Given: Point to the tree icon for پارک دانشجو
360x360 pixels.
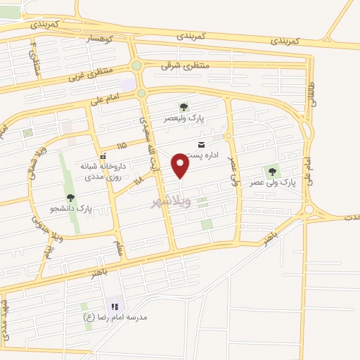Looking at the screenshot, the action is click(x=70, y=198).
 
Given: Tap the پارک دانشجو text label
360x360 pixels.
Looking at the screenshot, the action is click(x=75, y=208).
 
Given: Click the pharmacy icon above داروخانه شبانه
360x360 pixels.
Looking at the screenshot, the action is click(x=103, y=156).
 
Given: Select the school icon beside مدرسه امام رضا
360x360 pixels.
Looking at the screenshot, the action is click(x=115, y=307).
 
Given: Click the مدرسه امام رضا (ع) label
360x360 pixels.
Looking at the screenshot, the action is click(x=117, y=317).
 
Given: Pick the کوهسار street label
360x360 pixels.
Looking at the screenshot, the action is click(x=98, y=41).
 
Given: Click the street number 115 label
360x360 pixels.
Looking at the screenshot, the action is click(x=122, y=146).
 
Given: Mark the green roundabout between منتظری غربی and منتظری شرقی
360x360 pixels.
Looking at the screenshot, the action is click(x=136, y=66).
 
